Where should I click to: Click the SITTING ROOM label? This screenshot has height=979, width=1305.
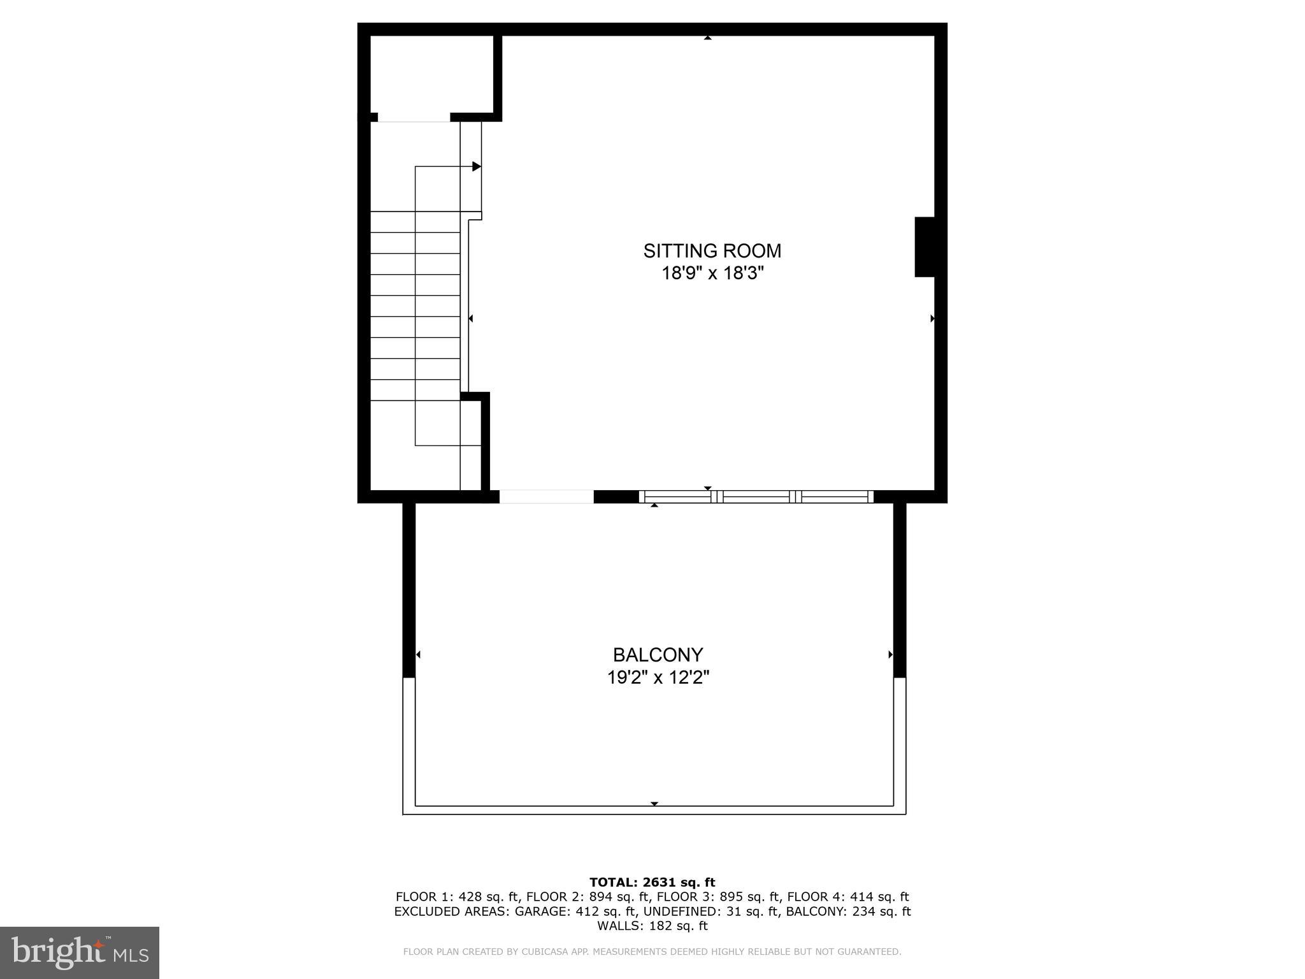(712, 250)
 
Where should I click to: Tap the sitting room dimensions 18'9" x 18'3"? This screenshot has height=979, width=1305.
(712, 273)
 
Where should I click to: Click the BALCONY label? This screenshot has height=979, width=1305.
(658, 655)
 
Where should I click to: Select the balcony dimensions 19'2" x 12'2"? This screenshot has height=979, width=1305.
(658, 677)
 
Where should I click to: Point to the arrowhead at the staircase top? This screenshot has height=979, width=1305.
(476, 166)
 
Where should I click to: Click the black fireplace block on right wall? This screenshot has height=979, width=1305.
(925, 247)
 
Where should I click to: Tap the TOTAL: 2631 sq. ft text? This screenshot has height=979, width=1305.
(652, 882)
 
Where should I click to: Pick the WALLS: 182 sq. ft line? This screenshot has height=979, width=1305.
(652, 926)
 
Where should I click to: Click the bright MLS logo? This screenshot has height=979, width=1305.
(80, 953)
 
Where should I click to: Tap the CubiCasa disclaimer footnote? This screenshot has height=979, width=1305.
(652, 952)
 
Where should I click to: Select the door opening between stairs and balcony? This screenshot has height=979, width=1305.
(546, 497)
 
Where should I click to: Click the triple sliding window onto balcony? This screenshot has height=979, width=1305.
(756, 497)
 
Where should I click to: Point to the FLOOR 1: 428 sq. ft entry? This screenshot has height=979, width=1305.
(458, 897)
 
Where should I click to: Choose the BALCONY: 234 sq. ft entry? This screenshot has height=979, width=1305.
(848, 911)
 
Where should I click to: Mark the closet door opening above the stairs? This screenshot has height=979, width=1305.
(414, 117)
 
